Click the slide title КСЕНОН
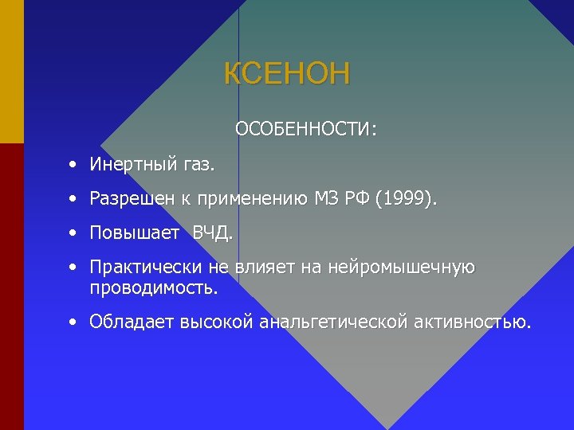[287, 74]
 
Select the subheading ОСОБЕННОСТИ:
[306, 128]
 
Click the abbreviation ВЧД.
[213, 233]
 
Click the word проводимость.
[152, 287]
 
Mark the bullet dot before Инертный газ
[73, 165]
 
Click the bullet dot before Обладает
[73, 322]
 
